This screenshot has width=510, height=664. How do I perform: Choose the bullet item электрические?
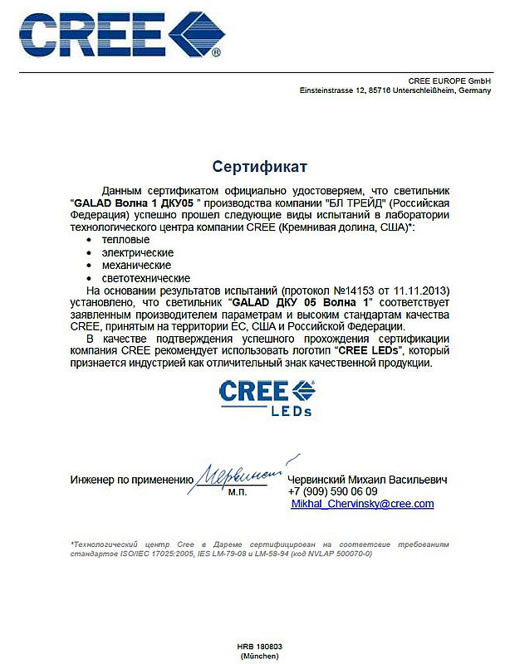coord(137,251)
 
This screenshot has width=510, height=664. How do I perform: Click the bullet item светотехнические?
coord(145,278)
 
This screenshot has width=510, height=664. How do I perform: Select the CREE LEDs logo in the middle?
coord(266,397)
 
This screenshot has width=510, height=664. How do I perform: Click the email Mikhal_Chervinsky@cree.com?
coord(362,504)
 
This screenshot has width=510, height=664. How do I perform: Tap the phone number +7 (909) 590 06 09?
coord(331,491)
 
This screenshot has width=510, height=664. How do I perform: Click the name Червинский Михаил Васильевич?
coord(367,480)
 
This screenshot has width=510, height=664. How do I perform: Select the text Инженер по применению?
coord(131,480)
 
